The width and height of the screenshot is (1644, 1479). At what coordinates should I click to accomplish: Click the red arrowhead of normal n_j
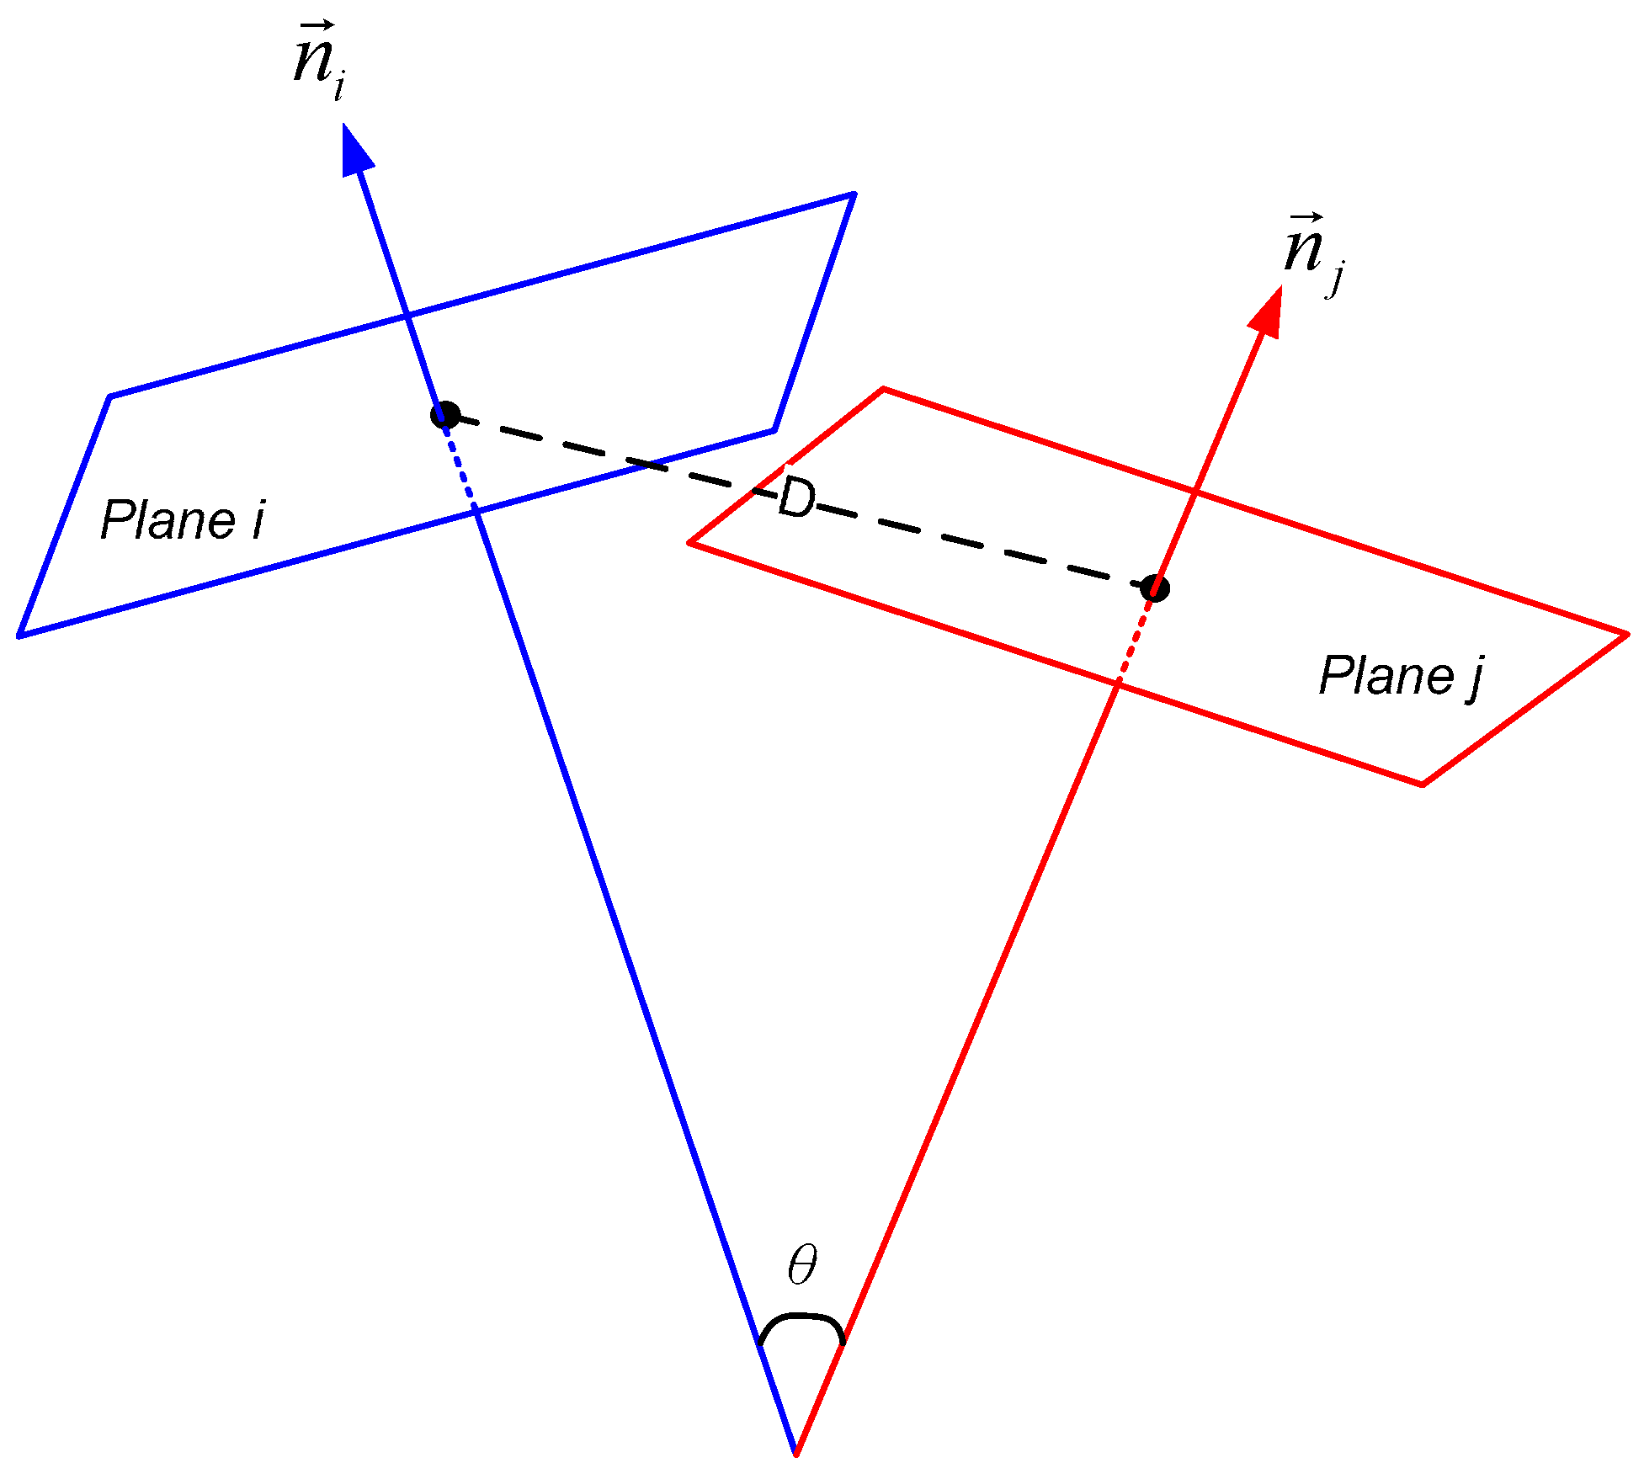tap(1267, 314)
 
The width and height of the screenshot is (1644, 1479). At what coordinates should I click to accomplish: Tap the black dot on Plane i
tap(444, 415)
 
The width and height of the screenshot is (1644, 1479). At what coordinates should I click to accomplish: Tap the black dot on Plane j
tap(1155, 588)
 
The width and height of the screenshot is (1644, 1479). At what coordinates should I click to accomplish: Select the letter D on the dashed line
tap(795, 498)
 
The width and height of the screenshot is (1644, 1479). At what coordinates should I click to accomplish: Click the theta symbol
tap(801, 1264)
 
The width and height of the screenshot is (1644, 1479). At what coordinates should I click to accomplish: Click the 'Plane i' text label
tap(182, 520)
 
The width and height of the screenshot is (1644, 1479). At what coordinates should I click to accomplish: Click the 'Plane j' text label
tap(1400, 676)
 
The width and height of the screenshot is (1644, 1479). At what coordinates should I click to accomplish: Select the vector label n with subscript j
tap(1311, 253)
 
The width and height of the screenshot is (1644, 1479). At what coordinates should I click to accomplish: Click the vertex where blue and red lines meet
tap(795, 1453)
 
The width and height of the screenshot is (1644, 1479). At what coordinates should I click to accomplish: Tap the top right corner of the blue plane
tap(854, 194)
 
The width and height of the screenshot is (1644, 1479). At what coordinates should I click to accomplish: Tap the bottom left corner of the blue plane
tap(19, 636)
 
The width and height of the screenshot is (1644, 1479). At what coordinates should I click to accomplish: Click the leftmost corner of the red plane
tap(689, 543)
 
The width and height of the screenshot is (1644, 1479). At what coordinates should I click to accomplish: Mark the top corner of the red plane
tap(883, 389)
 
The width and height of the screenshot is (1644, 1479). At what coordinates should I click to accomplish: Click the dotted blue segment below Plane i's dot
tap(460, 466)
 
